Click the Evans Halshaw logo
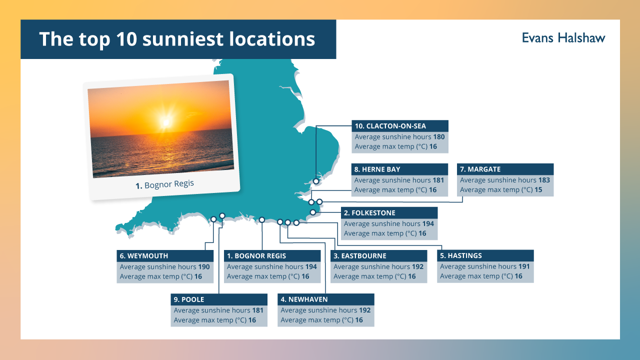[x=563, y=38]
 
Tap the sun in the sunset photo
[x=166, y=122]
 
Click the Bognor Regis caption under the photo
[x=165, y=184]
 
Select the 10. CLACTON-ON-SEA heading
[x=390, y=126]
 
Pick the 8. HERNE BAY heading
[x=377, y=169]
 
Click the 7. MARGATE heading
[x=480, y=169]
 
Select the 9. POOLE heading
[x=189, y=299]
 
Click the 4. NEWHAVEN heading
[x=304, y=299]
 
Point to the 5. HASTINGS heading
[x=461, y=255]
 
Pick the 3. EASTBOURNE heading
[x=360, y=256]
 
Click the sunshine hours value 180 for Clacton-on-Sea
[x=439, y=137]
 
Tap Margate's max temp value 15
[x=538, y=189]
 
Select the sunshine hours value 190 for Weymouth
[x=204, y=267]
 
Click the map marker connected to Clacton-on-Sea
[x=316, y=181]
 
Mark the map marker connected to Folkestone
[x=313, y=212]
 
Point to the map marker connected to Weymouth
[x=213, y=219]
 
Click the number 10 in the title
[x=126, y=39]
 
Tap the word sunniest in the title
[x=183, y=39]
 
